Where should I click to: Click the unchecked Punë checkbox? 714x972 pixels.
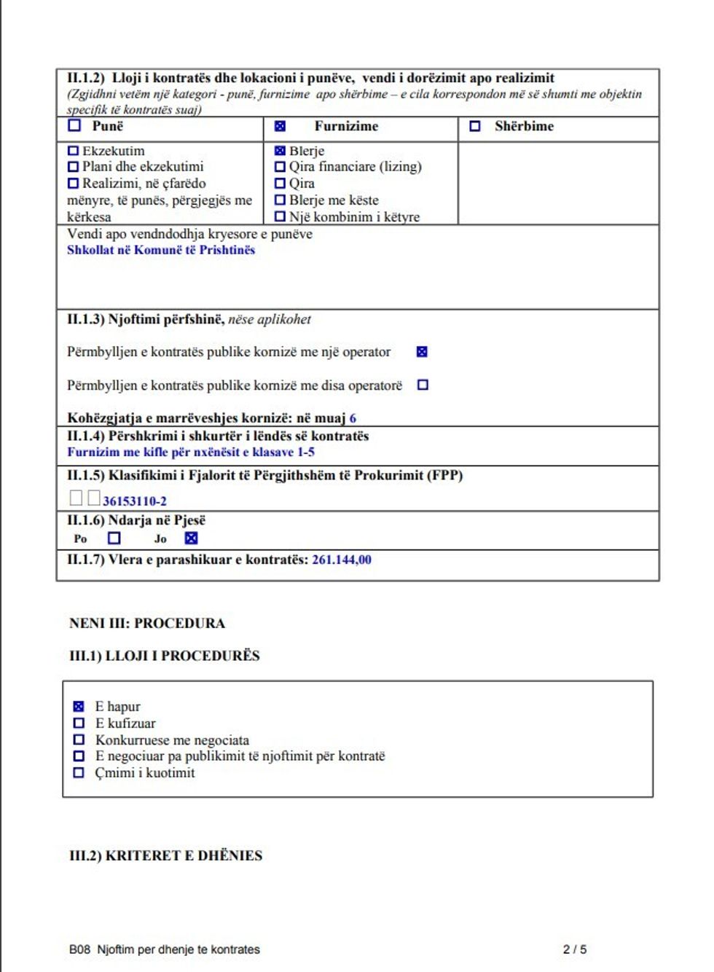(x=74, y=125)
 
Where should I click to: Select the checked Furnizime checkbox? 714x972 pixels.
(x=280, y=126)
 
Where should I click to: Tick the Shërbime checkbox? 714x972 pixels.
(x=475, y=126)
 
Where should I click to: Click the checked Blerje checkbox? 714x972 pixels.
(x=280, y=151)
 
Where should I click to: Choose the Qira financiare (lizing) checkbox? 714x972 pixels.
(x=280, y=167)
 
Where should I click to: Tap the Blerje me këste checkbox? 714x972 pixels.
(x=280, y=200)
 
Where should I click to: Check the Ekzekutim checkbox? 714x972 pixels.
(x=73, y=151)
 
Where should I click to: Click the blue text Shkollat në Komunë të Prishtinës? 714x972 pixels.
(x=161, y=250)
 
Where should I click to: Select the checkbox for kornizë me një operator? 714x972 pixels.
(x=422, y=352)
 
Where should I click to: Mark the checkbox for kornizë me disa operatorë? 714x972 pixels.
(x=423, y=385)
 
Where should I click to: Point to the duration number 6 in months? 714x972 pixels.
(x=353, y=418)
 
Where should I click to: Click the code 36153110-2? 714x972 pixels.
(x=135, y=501)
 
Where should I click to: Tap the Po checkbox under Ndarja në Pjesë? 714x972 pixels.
(x=114, y=538)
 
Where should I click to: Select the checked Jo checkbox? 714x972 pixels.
(x=191, y=538)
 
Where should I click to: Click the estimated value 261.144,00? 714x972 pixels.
(x=342, y=560)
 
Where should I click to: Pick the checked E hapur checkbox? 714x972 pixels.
(x=79, y=707)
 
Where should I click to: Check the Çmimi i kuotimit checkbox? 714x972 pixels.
(x=79, y=773)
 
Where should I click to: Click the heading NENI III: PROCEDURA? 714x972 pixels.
(x=147, y=624)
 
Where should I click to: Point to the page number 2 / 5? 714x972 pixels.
(x=575, y=949)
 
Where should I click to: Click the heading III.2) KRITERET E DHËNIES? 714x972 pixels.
(x=165, y=855)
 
